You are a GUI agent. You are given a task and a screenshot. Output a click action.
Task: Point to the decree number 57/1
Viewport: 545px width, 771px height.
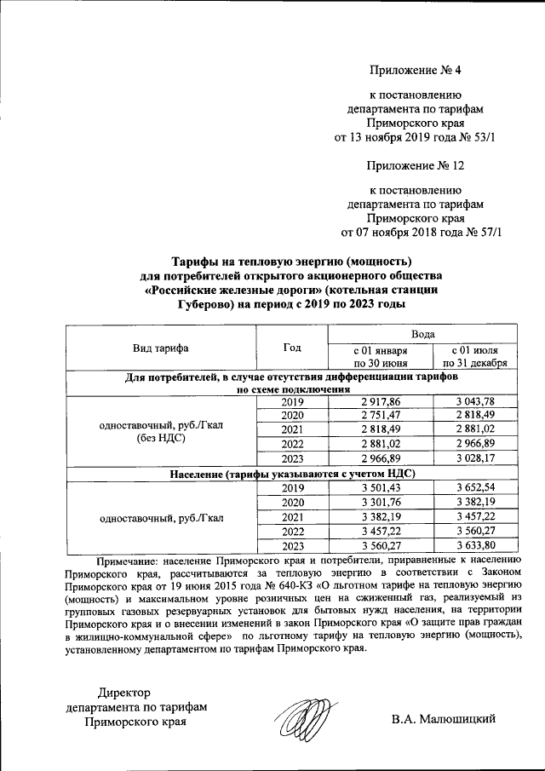click(x=483, y=232)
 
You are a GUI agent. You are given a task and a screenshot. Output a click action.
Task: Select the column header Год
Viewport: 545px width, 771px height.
click(x=291, y=348)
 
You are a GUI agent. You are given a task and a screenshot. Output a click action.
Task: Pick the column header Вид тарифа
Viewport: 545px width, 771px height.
click(x=160, y=348)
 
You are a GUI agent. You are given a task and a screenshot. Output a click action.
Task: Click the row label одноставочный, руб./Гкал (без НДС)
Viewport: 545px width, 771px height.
click(x=160, y=431)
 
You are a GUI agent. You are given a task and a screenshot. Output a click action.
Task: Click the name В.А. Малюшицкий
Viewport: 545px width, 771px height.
click(x=444, y=721)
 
